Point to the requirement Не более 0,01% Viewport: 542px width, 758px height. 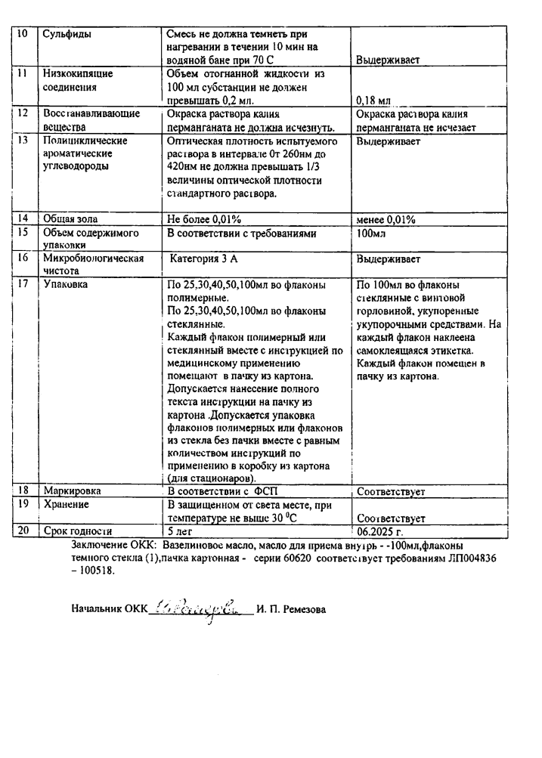[203, 219]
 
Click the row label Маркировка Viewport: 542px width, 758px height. [73, 490]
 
